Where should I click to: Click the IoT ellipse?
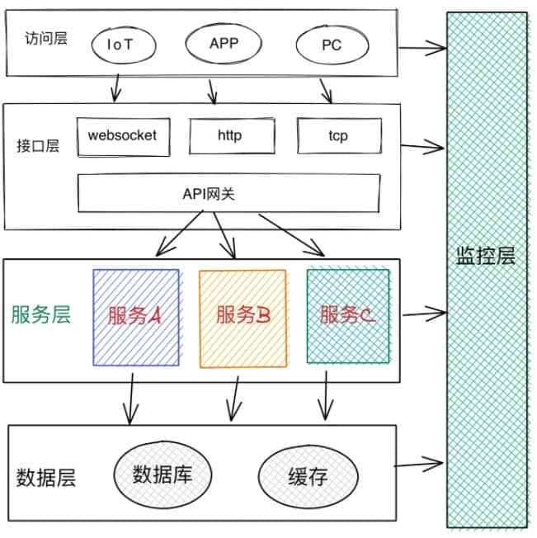tap(120, 45)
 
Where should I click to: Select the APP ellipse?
tap(223, 43)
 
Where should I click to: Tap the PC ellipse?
tap(331, 45)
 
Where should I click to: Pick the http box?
tap(229, 135)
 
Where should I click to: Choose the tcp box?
tap(338, 135)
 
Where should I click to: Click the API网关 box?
tap(229, 194)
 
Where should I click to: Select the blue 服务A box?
tap(135, 317)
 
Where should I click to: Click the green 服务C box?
tap(347, 315)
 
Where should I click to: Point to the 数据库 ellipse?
tap(162, 474)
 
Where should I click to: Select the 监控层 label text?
tap(485, 256)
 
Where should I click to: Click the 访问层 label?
tap(46, 37)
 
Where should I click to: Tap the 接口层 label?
tap(38, 147)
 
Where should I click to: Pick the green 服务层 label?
tap(40, 314)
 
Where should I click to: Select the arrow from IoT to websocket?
tap(115, 85)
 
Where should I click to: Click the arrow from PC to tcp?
tap(326, 89)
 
